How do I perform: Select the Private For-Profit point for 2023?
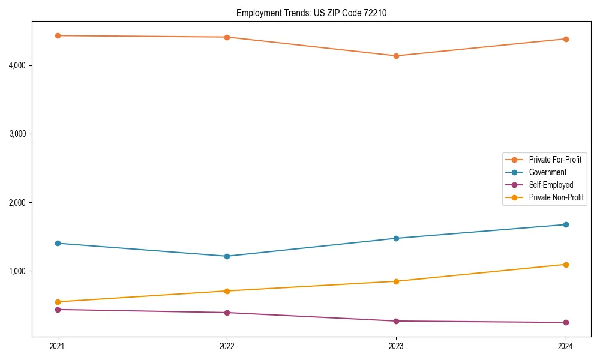pos(396,56)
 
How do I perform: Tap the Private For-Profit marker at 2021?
pos(58,35)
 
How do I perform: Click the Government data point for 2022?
pos(227,256)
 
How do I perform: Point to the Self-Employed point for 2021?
pos(58,310)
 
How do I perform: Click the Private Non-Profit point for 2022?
pos(227,291)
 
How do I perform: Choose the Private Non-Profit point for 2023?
pos(396,281)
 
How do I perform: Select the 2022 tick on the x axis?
pos(227,346)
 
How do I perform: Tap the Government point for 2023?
pos(396,238)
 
